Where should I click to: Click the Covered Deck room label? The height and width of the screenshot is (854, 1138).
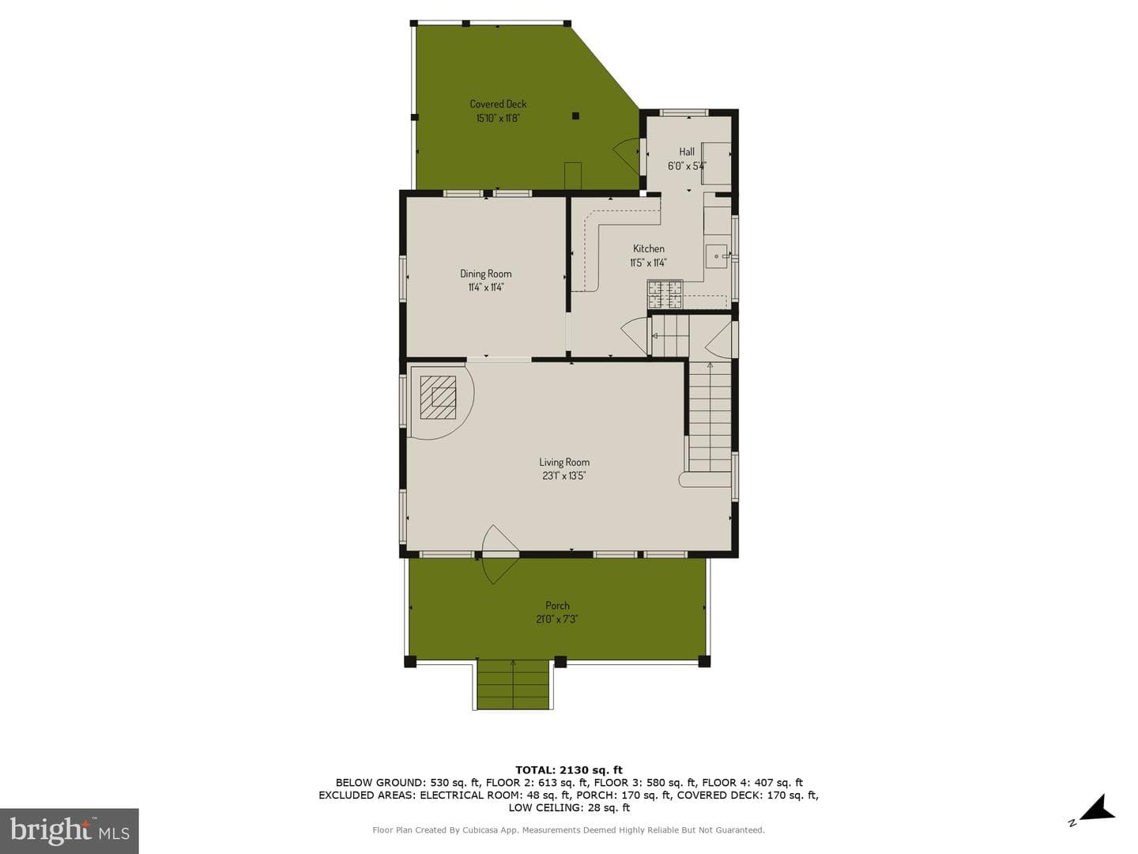click(498, 104)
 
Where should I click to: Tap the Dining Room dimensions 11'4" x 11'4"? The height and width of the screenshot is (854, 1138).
click(486, 287)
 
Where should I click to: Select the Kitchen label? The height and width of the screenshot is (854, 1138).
click(649, 249)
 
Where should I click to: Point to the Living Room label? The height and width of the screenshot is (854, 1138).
click(564, 462)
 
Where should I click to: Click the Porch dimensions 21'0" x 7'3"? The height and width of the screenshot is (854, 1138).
click(557, 619)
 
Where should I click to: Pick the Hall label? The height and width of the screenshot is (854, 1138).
click(687, 152)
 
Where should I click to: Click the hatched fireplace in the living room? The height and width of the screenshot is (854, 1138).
click(438, 397)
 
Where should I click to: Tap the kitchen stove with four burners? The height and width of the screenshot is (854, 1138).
click(665, 295)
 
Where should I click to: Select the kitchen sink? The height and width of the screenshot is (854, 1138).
click(717, 256)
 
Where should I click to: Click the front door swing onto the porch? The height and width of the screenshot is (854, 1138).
click(499, 554)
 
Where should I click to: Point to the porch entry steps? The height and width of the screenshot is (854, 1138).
click(513, 685)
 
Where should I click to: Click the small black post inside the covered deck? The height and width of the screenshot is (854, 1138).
click(575, 116)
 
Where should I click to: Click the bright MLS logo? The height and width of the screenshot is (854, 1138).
click(69, 830)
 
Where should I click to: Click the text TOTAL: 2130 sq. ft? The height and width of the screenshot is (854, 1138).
click(569, 770)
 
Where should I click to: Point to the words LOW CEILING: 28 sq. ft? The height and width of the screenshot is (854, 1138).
click(569, 807)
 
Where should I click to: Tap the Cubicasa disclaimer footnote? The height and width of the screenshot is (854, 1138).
click(569, 830)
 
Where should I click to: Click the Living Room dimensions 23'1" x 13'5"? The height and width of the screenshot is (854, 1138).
click(564, 476)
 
